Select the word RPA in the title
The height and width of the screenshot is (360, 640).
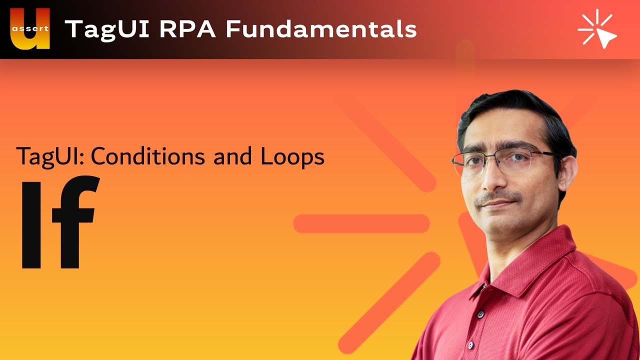(x=187, y=29)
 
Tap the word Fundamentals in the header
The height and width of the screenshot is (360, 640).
(x=321, y=29)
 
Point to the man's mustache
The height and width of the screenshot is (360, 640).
(x=497, y=197)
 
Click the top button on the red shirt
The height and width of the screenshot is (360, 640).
(x=480, y=314)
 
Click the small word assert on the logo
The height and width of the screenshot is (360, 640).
(x=30, y=28)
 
